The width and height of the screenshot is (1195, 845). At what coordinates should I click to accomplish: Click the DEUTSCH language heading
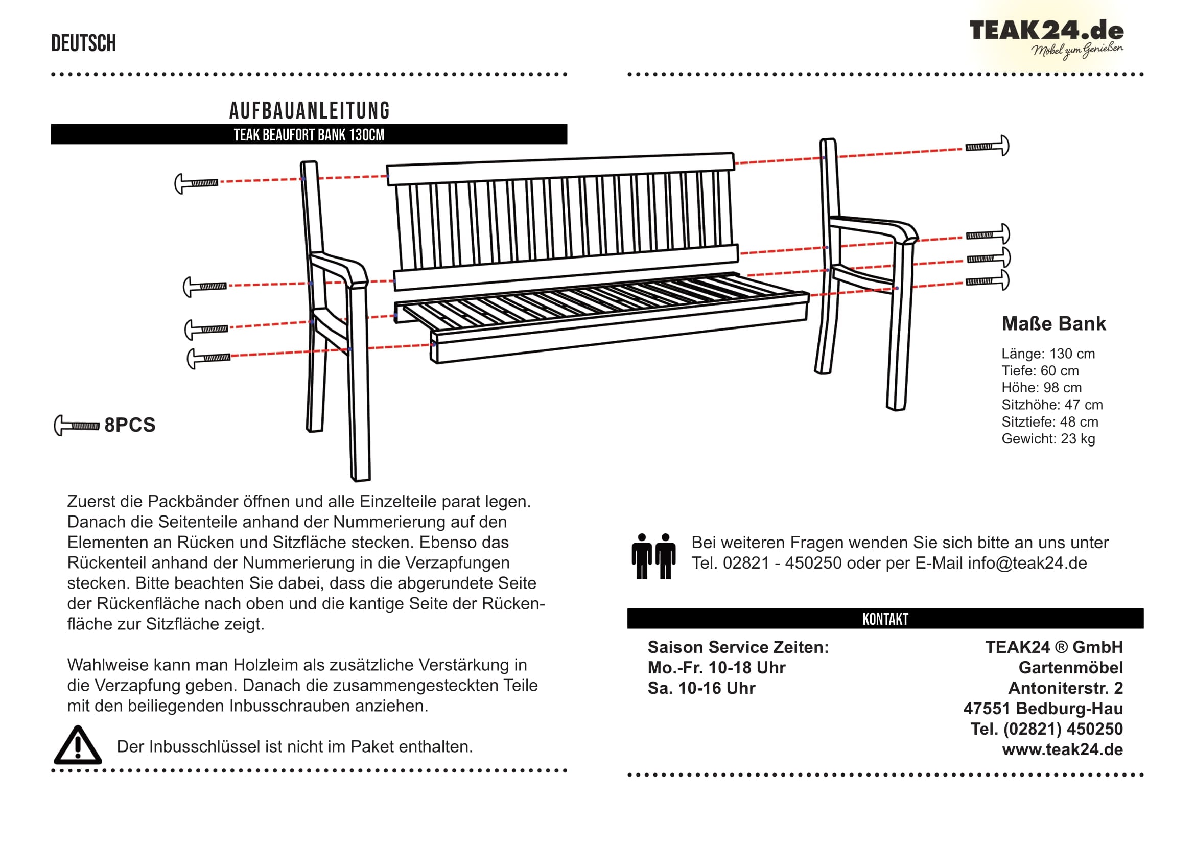tap(83, 43)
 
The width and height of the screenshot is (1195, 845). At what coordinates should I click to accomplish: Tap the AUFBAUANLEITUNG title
tap(309, 110)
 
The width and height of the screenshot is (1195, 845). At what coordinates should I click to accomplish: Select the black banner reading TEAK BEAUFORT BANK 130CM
tap(309, 135)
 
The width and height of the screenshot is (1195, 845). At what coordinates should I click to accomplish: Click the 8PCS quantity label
tap(130, 425)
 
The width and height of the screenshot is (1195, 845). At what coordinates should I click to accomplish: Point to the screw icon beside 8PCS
tap(77, 426)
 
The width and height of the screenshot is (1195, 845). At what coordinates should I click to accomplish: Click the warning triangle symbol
tap(78, 745)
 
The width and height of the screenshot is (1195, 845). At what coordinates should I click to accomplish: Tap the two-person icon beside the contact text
tap(653, 556)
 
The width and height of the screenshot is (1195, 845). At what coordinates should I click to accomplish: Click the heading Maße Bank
tap(1053, 323)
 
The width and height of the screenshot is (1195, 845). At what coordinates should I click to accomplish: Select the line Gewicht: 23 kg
tap(1048, 439)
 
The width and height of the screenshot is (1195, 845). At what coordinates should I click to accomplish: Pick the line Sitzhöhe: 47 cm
tap(1052, 405)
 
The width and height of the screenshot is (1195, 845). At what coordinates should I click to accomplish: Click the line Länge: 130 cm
tap(1048, 354)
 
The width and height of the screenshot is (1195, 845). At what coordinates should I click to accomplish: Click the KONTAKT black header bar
tap(885, 619)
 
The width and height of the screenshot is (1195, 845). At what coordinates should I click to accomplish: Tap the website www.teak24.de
tap(1062, 749)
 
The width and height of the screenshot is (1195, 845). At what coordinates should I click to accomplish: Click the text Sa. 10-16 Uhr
tap(701, 688)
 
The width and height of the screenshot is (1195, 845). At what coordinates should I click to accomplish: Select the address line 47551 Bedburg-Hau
tap(1043, 708)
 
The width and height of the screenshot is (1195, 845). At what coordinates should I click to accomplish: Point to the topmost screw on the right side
tap(987, 146)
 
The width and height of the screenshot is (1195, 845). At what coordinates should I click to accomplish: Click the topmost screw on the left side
tap(196, 183)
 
